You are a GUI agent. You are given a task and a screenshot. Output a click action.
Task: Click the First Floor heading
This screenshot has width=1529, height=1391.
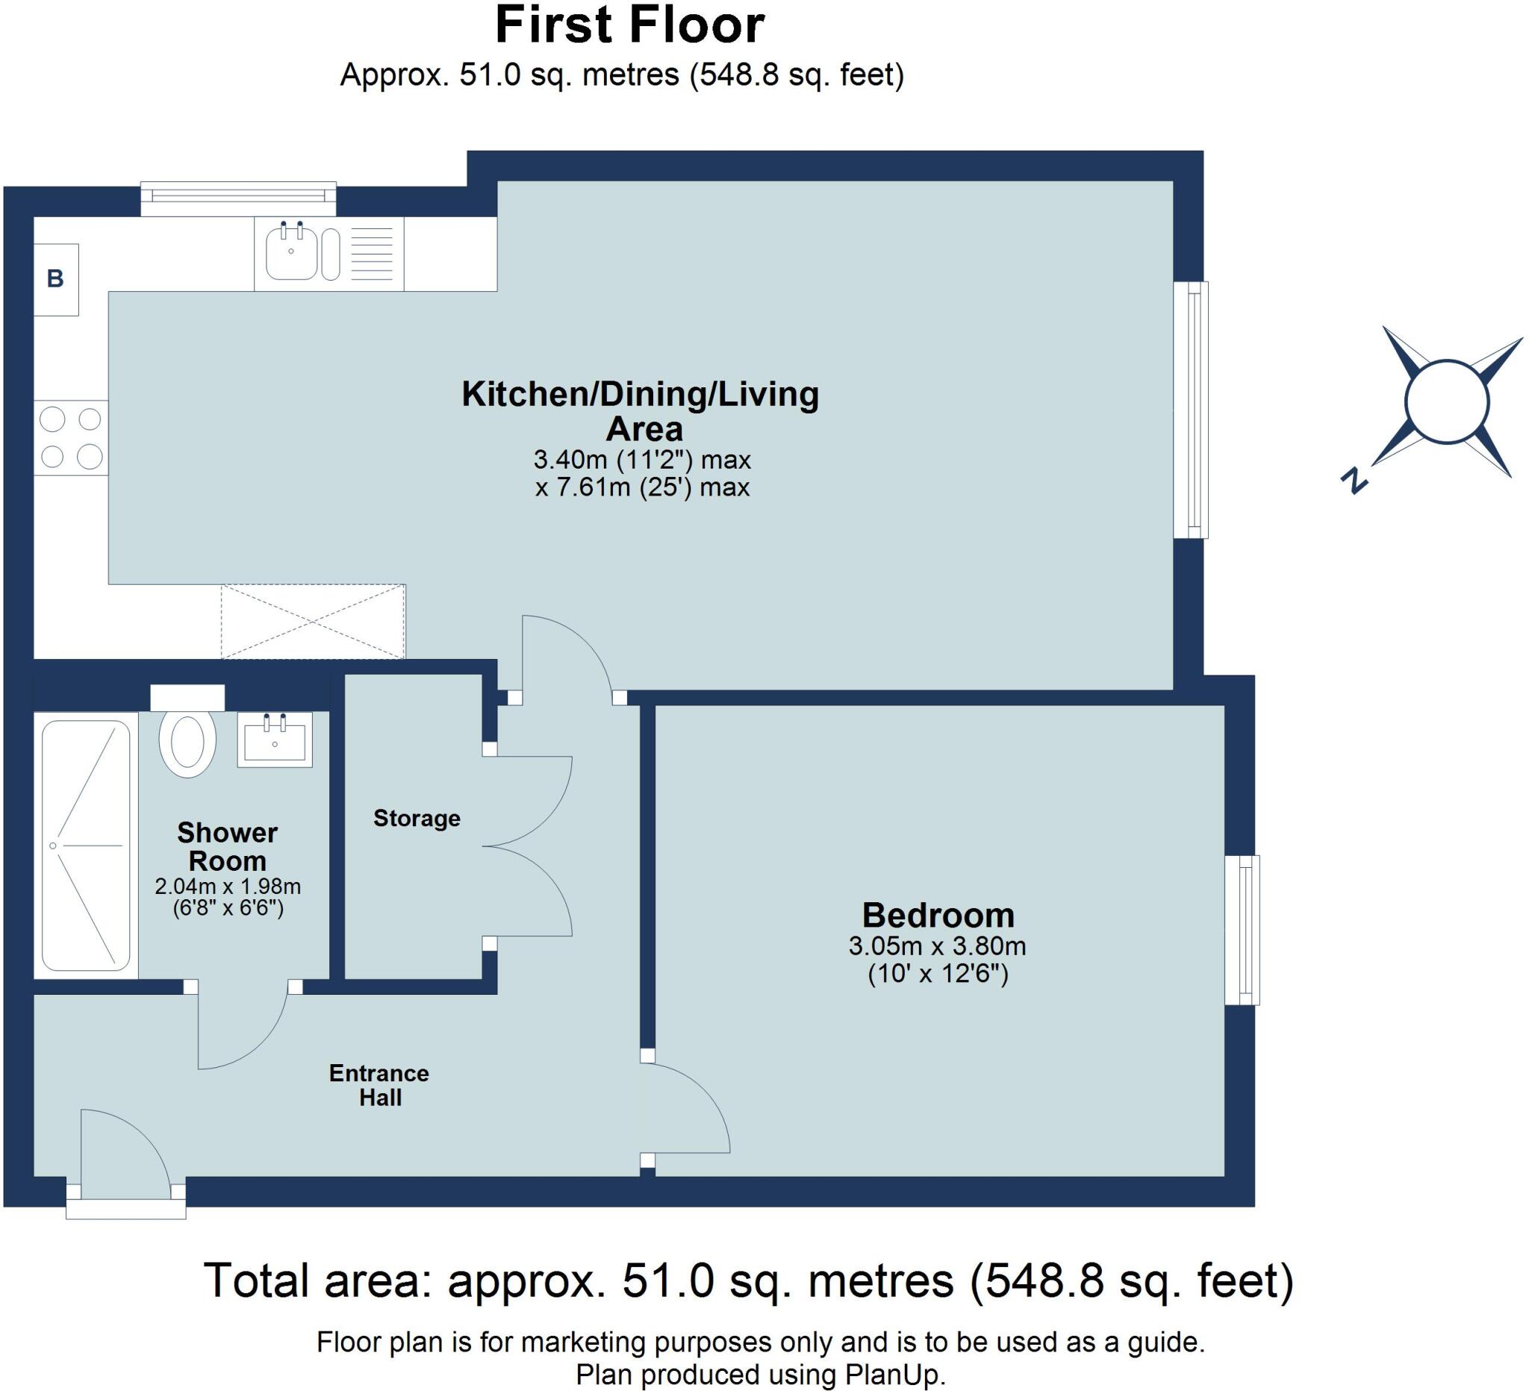pyautogui.click(x=629, y=25)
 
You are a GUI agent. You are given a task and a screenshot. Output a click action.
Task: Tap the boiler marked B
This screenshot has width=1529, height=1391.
pyautogui.click(x=56, y=279)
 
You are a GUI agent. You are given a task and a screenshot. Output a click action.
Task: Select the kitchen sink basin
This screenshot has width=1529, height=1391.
pyautogui.click(x=291, y=251)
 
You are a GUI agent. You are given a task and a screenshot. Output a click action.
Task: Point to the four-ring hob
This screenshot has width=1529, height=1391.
pyautogui.click(x=71, y=438)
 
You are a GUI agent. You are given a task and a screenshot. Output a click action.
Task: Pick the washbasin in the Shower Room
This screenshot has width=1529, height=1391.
pyautogui.click(x=275, y=739)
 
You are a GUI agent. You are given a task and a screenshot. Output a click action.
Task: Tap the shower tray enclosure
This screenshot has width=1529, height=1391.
pyautogui.click(x=86, y=845)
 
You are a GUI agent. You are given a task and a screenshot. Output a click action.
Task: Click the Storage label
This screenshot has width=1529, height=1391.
pyautogui.click(x=417, y=818)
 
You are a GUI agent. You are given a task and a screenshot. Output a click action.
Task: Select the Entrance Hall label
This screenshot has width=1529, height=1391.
pyautogui.click(x=379, y=1085)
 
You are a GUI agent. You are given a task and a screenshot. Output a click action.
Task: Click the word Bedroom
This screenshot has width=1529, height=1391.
pyautogui.click(x=938, y=915)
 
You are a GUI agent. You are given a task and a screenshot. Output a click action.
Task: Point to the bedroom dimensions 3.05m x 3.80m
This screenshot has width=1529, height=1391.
pyautogui.click(x=938, y=946)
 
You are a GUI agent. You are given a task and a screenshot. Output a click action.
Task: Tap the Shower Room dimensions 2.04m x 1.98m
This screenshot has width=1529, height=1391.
pyautogui.click(x=228, y=885)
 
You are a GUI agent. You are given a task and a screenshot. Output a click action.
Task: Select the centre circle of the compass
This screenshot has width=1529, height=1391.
pyautogui.click(x=1445, y=401)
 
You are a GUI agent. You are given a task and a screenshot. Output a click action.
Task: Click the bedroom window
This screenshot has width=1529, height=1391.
pyautogui.click(x=1242, y=930)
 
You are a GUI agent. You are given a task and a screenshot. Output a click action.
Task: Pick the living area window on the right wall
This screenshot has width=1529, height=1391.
pyautogui.click(x=1191, y=410)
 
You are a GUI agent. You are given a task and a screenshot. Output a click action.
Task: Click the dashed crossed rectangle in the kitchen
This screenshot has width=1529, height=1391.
pyautogui.click(x=314, y=622)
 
